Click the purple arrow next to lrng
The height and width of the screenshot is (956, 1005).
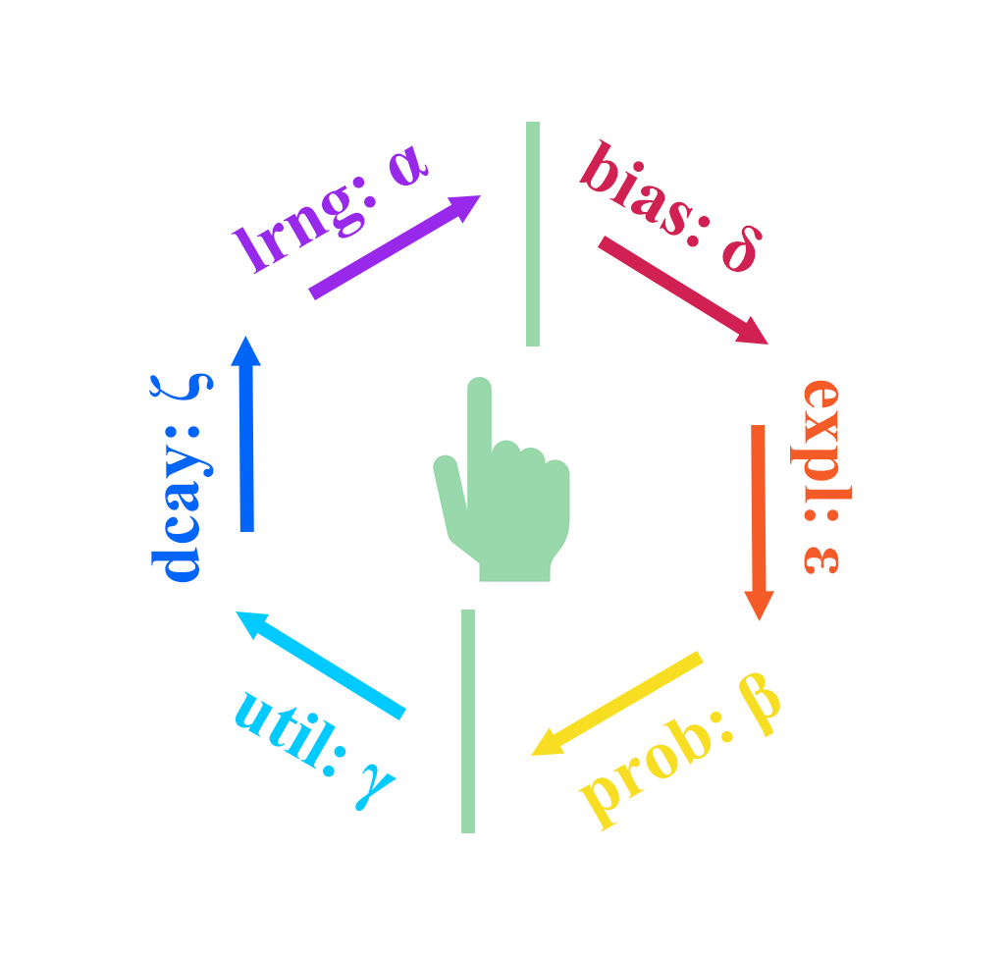393,245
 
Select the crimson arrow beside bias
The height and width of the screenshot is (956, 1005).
682,291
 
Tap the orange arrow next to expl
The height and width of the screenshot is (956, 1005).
758,520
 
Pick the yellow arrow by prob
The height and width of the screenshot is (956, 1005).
616,704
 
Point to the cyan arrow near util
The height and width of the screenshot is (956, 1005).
321,664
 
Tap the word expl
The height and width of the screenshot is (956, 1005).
821,437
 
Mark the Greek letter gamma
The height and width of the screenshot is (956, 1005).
375,785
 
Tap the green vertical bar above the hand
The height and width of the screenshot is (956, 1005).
533,234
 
